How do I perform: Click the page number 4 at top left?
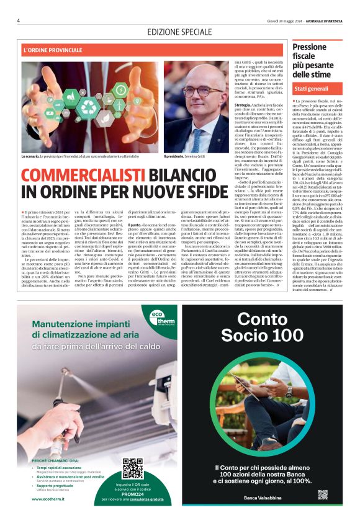click(x=19, y=20)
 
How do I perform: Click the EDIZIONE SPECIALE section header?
click(x=180, y=32)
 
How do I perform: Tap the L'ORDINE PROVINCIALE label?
click(x=52, y=50)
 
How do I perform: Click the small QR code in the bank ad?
click(x=322, y=494)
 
